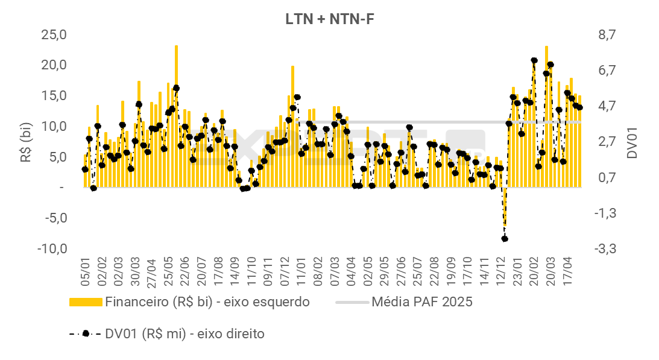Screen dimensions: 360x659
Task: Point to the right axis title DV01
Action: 632,142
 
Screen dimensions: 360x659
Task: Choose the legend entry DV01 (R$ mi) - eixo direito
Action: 184,333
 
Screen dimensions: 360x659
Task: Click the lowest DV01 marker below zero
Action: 505,239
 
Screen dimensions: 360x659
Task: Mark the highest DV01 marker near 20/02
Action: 534,61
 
